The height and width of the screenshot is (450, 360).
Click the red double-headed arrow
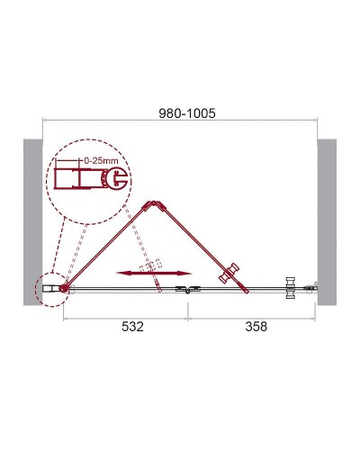point(153,273)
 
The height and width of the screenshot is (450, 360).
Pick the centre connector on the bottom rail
point(187,289)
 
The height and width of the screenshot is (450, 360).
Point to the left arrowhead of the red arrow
point(120,273)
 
